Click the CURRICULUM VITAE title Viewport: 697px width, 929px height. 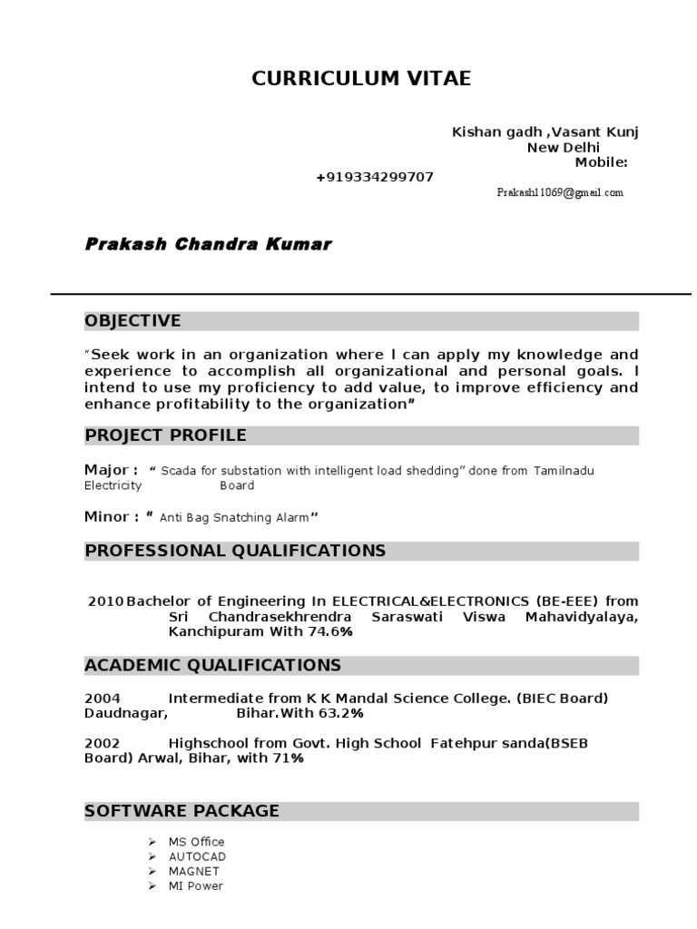[361, 79]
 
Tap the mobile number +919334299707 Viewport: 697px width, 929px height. [375, 177]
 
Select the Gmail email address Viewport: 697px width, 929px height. [560, 193]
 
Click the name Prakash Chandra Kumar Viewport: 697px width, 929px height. [208, 245]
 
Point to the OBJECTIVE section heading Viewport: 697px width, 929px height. [133, 321]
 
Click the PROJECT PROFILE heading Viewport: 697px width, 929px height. [165, 436]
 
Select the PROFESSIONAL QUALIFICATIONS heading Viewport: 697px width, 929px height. [235, 551]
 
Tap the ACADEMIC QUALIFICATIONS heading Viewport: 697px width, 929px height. [212, 666]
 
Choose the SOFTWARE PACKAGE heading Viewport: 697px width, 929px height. [182, 811]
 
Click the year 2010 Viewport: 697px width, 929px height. [105, 601]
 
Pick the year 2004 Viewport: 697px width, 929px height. [102, 698]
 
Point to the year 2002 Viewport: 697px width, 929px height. [102, 743]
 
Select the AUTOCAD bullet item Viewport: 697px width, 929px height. [197, 856]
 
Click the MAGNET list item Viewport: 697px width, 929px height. [193, 871]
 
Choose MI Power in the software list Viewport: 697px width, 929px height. [195, 885]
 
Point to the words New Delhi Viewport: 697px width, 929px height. [564, 148]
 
